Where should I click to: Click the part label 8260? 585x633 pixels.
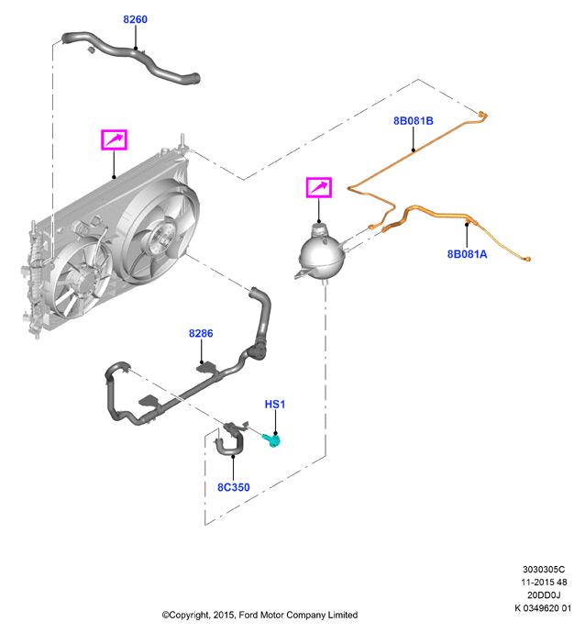[135, 19]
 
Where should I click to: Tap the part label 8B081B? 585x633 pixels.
[414, 121]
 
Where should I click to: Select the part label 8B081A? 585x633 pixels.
[468, 254]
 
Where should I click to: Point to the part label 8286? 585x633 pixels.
[201, 333]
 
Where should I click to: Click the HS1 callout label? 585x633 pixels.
[275, 404]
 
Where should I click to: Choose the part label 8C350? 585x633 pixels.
[234, 487]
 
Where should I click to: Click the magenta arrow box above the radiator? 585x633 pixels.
[115, 139]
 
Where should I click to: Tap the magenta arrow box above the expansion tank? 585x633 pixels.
[319, 187]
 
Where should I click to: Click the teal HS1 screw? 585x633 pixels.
[271, 440]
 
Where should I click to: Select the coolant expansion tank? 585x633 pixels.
[322, 252]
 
